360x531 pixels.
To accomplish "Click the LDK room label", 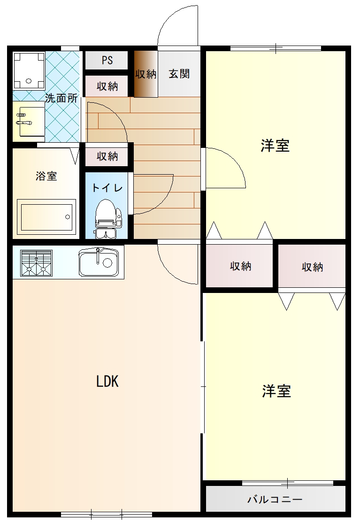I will click(x=107, y=382).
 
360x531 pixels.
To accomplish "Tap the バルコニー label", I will click(x=275, y=499).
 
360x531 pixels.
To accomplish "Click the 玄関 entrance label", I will click(x=179, y=74).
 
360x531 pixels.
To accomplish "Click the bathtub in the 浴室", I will click(x=46, y=216).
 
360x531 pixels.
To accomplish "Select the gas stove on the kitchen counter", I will click(x=36, y=262).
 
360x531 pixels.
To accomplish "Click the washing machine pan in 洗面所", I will click(x=29, y=70).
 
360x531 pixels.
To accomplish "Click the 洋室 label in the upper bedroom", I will click(x=275, y=146).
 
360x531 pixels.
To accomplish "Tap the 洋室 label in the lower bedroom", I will click(x=276, y=391).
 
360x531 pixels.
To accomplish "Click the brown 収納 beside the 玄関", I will click(x=146, y=74).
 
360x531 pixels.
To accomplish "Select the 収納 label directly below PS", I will click(x=107, y=86).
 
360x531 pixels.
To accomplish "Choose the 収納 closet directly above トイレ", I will click(x=107, y=156).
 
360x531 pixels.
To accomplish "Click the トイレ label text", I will click(x=107, y=188).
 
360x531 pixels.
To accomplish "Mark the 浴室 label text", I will click(x=46, y=176).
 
